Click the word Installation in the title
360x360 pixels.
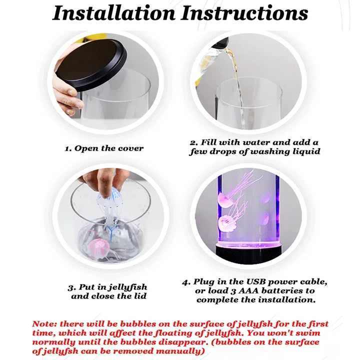[x=114, y=13]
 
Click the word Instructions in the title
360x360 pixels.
[x=244, y=13]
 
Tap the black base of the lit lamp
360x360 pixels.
[x=248, y=253]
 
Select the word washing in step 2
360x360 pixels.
[x=269, y=152]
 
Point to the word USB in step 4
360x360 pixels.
[x=256, y=281]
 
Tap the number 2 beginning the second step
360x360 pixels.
[x=193, y=142]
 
